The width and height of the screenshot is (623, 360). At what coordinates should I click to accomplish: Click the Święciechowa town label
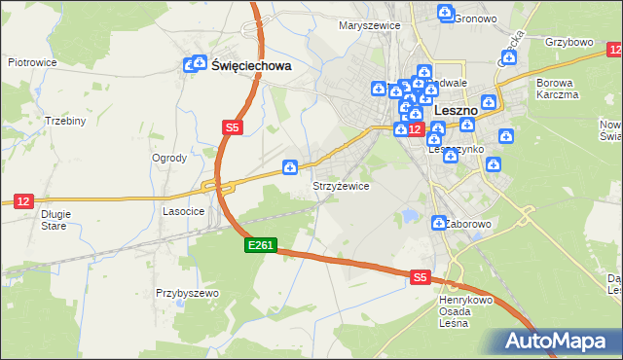coord(251,66)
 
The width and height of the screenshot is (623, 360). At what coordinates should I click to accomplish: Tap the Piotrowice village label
coord(30,61)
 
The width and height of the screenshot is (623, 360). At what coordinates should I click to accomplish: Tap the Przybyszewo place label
coord(187,292)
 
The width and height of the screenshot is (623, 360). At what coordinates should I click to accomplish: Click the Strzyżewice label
coord(340,186)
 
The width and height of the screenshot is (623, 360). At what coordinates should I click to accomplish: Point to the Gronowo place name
coord(476,18)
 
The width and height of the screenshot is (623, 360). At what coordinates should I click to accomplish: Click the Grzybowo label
coord(569,43)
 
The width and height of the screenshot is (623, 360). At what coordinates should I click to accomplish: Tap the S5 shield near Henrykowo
coord(420,277)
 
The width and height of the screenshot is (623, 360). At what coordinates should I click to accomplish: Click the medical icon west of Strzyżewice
coord(289,168)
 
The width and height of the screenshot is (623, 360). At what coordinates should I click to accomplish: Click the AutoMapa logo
coord(561,341)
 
